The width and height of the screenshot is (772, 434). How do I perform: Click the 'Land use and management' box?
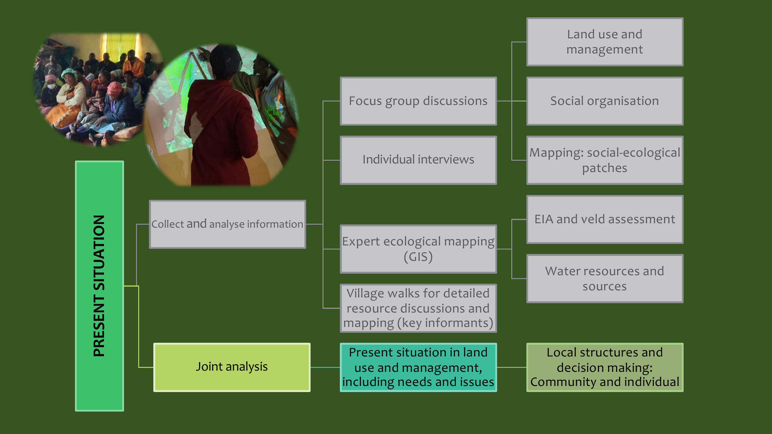tap(605, 42)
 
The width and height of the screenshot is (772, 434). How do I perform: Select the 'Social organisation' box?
tap(605, 101)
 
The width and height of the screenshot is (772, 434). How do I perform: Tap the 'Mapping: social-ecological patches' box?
tap(605, 160)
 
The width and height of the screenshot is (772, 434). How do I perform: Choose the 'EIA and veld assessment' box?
tap(605, 219)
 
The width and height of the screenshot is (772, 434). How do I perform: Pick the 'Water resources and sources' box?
tap(605, 279)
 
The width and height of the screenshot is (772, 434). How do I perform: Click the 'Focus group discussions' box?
tap(418, 101)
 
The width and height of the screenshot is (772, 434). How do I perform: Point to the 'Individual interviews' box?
tap(418, 160)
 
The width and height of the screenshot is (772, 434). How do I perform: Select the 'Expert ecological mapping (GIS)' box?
tap(418, 249)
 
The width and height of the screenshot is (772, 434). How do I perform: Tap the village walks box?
tap(418, 308)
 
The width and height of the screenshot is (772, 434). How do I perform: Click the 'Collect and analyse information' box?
tap(228, 224)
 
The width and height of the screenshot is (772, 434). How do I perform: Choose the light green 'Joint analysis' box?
tap(232, 367)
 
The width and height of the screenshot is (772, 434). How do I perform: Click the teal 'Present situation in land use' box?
tap(418, 367)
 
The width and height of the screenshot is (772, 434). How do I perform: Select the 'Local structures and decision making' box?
tap(605, 367)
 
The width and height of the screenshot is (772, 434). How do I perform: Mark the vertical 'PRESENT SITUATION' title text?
tap(99, 286)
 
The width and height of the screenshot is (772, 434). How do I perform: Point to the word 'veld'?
tap(593, 219)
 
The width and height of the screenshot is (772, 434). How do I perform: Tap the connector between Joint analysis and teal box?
tap(325, 367)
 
